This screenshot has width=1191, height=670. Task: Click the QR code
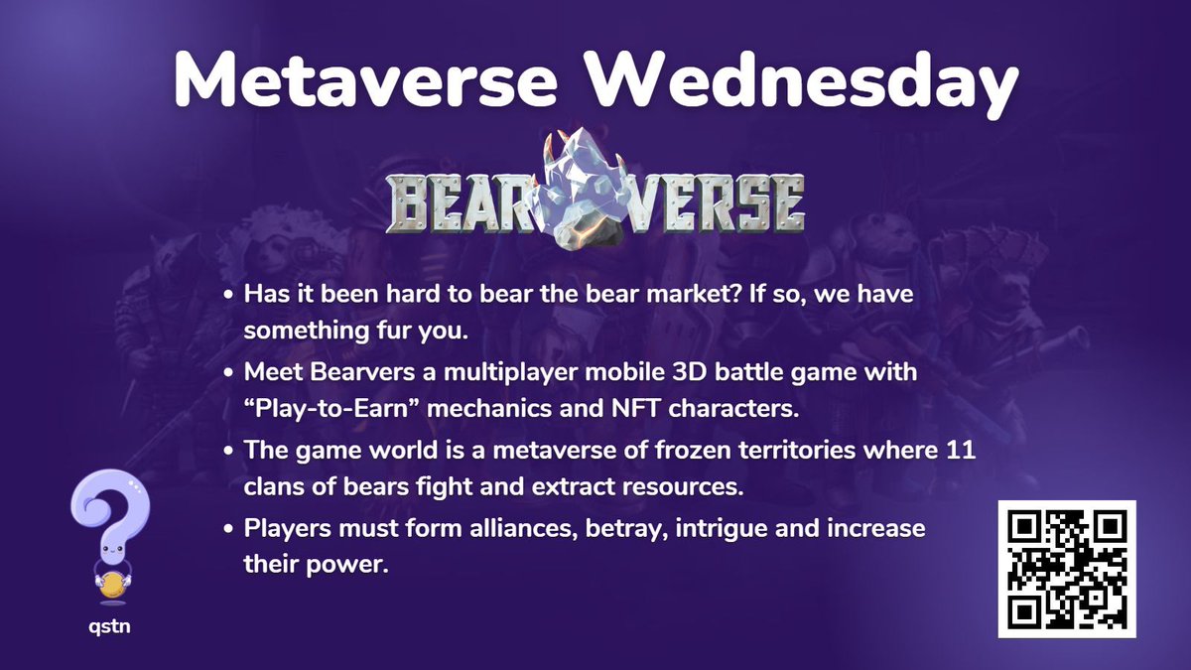pos(1067,569)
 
